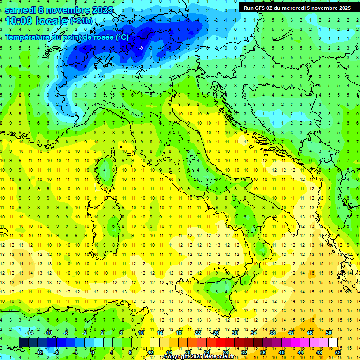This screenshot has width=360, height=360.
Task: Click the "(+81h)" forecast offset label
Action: click(x=82, y=21)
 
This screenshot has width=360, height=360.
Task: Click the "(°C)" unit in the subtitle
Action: click(x=121, y=37)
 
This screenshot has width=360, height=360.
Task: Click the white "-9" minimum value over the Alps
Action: click(x=141, y=48)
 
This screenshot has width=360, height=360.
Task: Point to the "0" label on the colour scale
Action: click(x=93, y=352)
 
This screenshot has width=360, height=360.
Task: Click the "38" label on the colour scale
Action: click(x=272, y=333)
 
